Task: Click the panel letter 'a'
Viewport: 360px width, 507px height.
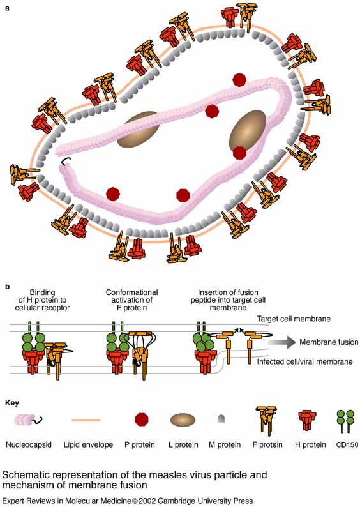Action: [8, 8]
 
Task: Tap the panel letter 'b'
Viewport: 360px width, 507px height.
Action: [8, 286]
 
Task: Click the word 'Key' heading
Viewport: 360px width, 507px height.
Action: [12, 403]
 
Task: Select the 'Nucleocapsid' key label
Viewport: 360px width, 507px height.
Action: [29, 444]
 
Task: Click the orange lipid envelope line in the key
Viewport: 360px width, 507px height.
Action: [86, 420]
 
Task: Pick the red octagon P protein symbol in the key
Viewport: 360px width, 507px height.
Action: [142, 420]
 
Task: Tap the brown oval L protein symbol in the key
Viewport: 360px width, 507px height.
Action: [183, 420]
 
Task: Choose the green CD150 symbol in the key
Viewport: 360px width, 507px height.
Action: [347, 421]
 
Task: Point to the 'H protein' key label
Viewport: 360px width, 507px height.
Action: [310, 444]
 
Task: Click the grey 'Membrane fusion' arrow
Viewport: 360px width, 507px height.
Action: [281, 342]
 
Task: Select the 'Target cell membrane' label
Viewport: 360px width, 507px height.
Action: [294, 319]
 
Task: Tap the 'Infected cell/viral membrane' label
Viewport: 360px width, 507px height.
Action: [304, 361]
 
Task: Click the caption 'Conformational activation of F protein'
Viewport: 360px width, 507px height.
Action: [132, 300]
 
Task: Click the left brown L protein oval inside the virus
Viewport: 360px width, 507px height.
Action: [139, 130]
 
